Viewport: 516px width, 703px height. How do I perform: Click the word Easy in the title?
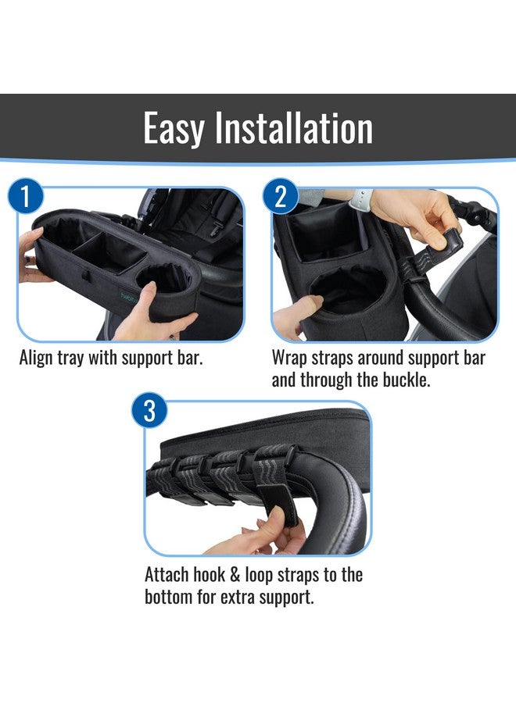click(x=174, y=128)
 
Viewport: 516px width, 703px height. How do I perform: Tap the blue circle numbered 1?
click(x=26, y=197)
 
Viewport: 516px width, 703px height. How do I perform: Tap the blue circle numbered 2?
click(x=281, y=196)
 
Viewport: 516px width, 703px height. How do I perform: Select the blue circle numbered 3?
click(x=149, y=411)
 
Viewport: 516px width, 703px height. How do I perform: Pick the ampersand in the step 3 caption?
click(x=235, y=575)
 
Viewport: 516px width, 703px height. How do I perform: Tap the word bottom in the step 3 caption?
click(x=168, y=598)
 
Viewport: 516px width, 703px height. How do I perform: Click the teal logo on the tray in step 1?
click(x=127, y=296)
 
